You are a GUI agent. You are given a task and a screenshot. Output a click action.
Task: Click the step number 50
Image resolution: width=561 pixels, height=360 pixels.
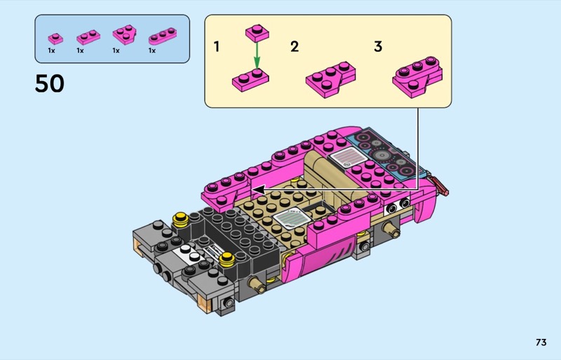click(49, 84)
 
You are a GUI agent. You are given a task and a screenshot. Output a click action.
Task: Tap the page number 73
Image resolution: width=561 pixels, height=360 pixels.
click(541, 342)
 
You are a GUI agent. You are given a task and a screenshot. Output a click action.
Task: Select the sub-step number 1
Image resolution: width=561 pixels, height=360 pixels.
click(217, 46)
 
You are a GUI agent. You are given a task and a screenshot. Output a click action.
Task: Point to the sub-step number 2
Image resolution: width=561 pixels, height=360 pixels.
click(295, 46)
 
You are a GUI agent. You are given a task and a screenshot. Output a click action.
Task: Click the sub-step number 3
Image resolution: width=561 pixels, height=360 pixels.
click(378, 46)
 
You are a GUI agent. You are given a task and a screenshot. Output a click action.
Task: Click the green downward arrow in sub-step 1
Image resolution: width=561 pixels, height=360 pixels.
click(257, 54)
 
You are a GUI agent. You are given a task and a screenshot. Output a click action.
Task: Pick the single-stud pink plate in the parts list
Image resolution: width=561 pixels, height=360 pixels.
click(55, 39)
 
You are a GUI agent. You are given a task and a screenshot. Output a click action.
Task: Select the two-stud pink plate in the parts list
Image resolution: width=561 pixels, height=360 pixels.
click(88, 37)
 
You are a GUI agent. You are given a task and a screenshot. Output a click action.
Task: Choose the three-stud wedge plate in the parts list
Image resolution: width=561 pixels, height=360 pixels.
click(125, 34)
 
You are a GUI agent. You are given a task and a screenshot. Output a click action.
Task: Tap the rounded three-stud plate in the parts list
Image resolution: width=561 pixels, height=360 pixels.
click(163, 36)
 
